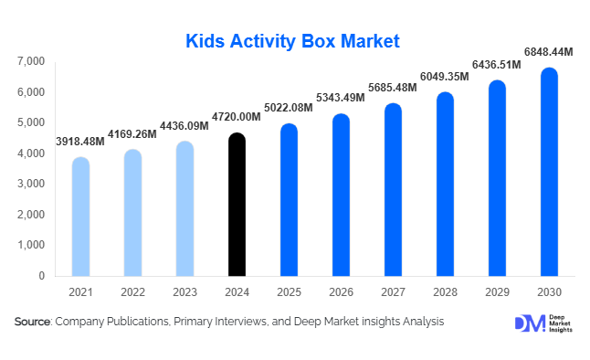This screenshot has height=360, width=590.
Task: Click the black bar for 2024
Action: (237, 205)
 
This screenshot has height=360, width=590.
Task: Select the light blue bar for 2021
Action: (80, 217)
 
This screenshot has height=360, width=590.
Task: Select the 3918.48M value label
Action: (80, 142)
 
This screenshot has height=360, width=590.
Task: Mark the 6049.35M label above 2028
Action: (444, 77)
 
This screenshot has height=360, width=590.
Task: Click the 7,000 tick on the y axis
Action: (31, 61)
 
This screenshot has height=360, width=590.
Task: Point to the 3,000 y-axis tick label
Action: (31, 184)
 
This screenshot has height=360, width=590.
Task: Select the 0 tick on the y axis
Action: (42, 276)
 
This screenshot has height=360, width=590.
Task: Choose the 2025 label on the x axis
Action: (289, 291)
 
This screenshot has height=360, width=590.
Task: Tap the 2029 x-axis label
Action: (497, 291)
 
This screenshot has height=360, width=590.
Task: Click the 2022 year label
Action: (132, 291)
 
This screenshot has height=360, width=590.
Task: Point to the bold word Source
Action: (33, 322)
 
